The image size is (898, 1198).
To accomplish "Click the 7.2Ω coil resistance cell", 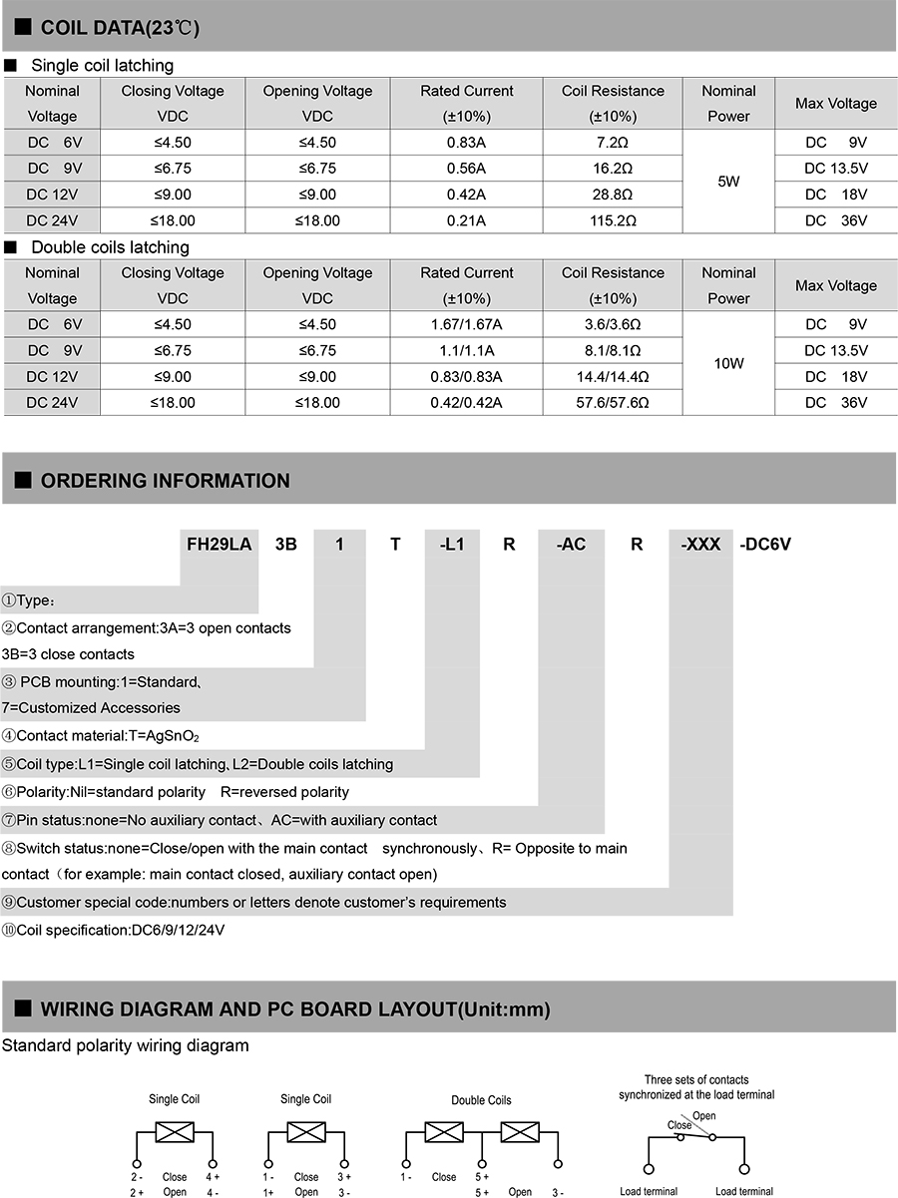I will [x=613, y=142].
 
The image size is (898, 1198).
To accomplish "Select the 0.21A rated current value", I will [x=466, y=220].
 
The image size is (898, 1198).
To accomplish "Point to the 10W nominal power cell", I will [x=728, y=364].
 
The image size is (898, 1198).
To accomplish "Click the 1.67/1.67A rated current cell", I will [x=466, y=324].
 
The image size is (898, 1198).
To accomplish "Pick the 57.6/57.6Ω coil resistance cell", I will [x=613, y=402].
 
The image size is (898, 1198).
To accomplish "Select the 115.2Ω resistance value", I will [x=613, y=220].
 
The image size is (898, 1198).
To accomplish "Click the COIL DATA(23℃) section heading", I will [x=120, y=28].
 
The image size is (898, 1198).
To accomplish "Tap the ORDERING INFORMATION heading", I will [x=165, y=481].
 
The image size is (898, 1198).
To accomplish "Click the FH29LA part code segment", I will [x=220, y=545].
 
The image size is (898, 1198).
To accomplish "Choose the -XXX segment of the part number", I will [x=700, y=545].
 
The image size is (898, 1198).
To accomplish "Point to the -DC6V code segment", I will [x=764, y=545].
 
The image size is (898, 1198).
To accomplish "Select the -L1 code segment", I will [x=452, y=545].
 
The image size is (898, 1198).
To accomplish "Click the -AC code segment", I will [x=570, y=545].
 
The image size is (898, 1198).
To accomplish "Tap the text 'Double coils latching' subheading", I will [x=110, y=247].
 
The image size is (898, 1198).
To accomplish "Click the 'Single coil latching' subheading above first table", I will [x=102, y=66].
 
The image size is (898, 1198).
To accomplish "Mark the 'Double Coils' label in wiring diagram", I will [x=481, y=1100].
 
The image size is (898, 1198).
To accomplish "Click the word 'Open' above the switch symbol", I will [x=704, y=1116].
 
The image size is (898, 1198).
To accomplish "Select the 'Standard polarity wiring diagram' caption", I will [x=125, y=1045].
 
